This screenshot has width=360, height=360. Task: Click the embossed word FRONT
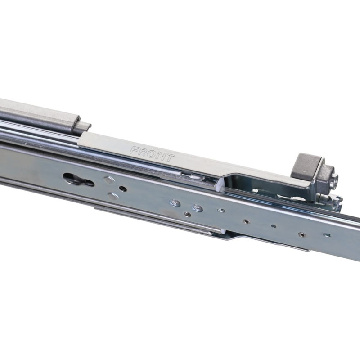point(152,154)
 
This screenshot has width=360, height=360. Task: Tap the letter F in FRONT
point(135,150)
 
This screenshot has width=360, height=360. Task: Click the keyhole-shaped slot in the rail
point(78,180)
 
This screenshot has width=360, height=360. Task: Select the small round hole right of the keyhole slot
point(123,189)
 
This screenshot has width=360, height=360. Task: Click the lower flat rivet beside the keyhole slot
point(113,196)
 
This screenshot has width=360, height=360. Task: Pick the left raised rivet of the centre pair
point(175,203)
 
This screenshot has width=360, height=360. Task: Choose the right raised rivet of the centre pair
point(198,208)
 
